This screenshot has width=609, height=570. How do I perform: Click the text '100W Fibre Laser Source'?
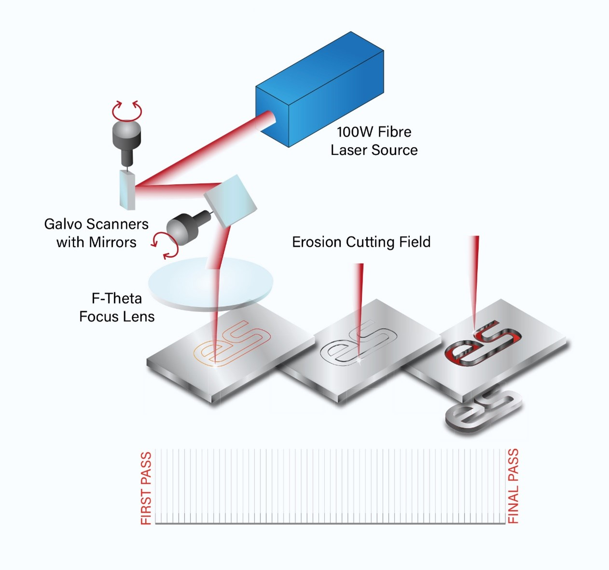pyautogui.click(x=374, y=141)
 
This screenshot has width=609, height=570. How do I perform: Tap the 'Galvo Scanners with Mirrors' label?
pyautogui.click(x=97, y=233)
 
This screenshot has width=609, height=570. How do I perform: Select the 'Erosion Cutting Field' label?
pyautogui.click(x=361, y=242)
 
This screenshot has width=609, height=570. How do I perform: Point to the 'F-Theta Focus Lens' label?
pyautogui.click(x=117, y=307)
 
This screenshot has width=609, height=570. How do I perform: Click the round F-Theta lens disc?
pyautogui.click(x=210, y=285)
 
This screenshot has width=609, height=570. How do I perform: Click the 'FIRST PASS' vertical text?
pyautogui.click(x=146, y=488)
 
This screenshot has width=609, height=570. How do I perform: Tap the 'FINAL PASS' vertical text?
pyautogui.click(x=513, y=486)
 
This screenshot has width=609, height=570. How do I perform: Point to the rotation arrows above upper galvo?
pyautogui.click(x=127, y=111)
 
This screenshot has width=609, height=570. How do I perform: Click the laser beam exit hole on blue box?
pyautogui.click(x=268, y=121)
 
